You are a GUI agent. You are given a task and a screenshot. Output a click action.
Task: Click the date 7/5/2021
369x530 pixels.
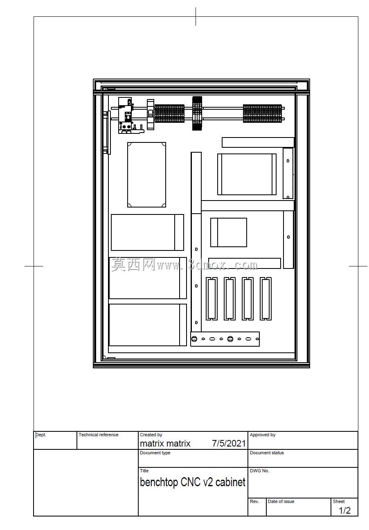pyautogui.click(x=229, y=443)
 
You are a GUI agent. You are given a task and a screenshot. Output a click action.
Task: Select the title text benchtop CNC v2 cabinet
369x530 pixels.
pyautogui.click(x=193, y=482)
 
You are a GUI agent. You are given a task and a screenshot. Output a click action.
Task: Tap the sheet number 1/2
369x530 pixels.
pyautogui.click(x=344, y=511)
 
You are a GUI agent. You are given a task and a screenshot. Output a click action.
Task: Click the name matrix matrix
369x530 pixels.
pyautogui.click(x=165, y=443)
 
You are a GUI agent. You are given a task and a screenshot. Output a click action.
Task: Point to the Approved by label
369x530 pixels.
pyautogui.click(x=263, y=435)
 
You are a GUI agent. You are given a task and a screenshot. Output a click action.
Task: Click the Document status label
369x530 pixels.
pyautogui.click(x=267, y=453)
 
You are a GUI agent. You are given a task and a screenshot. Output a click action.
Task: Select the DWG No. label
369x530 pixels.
pyautogui.click(x=259, y=471)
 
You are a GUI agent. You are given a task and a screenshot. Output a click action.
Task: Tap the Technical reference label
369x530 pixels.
pyautogui.click(x=99, y=435)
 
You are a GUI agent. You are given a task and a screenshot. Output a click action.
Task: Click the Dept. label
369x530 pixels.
pyautogui.click(x=40, y=435)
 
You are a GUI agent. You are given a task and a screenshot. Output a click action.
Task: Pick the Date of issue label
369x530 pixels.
pyautogui.click(x=281, y=501)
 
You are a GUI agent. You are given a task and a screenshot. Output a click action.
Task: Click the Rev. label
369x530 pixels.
pyautogui.click(x=254, y=501)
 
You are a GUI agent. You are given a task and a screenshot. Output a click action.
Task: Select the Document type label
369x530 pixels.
pyautogui.click(x=155, y=453)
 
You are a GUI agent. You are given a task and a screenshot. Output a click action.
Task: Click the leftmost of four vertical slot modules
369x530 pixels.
pyautogui.click(x=211, y=299)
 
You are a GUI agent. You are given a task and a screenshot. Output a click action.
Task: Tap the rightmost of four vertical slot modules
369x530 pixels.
pyautogui.click(x=265, y=299)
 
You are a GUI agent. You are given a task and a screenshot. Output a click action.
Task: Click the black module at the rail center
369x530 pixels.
pyautogui.click(x=197, y=113)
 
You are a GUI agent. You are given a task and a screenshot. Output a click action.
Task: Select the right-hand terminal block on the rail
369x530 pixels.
pyautogui.click(x=263, y=114)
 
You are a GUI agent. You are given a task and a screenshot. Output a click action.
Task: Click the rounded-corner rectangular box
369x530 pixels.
pyautogui.click(x=146, y=175)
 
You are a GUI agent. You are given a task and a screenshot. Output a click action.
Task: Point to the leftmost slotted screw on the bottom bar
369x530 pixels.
pyautogui.click(x=194, y=339)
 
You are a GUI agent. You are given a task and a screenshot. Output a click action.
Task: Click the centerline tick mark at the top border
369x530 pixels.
pyautogui.click(x=196, y=16)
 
